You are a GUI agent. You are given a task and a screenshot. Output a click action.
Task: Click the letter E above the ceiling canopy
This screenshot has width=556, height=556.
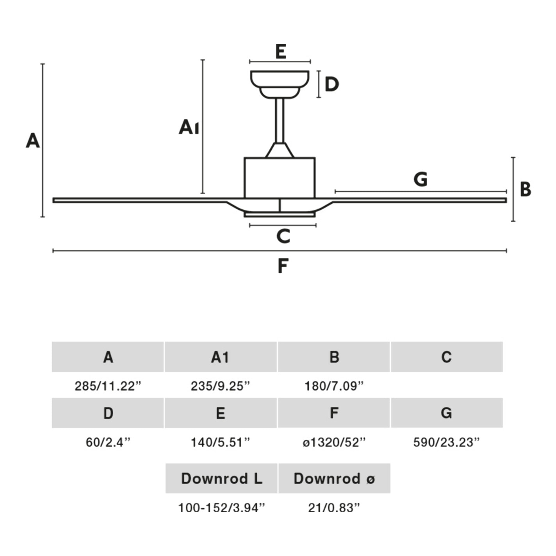pos(280,51)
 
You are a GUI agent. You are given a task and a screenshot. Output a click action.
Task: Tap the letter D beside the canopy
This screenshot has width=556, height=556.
pos(331,84)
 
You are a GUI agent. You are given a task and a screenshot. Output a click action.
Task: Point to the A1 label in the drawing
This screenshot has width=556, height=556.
pos(189,127)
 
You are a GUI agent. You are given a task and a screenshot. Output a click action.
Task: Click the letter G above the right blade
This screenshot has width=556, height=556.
pos(421,179)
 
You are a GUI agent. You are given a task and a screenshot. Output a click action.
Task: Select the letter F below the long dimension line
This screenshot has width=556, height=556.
pos(283,266)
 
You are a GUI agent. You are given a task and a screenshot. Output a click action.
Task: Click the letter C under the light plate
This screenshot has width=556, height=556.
pos(283,236)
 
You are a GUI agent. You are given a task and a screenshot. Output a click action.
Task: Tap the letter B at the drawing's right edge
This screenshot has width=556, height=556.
pos(525,189)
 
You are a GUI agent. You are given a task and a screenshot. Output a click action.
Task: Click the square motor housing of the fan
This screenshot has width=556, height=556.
pos(280,178)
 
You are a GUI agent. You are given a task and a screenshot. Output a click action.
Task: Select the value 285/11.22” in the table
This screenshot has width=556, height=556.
pos(108,386)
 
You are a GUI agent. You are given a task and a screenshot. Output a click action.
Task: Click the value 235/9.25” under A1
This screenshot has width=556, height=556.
pos(220,386)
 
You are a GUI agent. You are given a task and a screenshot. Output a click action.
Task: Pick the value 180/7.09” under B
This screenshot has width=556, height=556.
pos(334,386)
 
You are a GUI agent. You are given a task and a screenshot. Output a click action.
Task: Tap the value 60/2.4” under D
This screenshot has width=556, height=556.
pos(108,442)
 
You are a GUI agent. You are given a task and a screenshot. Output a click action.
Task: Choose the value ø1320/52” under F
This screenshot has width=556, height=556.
pos(334,442)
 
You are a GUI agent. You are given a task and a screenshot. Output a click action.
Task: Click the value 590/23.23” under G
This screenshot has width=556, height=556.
pos(446,442)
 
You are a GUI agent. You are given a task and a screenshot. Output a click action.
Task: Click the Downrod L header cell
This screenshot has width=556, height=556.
pos(221,478)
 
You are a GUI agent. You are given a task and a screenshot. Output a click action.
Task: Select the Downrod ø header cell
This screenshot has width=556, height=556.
pos(334,478)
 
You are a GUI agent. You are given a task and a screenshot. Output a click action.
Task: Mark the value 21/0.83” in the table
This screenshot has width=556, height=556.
pos(334,508)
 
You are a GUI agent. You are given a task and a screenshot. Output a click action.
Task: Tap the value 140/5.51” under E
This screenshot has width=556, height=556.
pos(220,442)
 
